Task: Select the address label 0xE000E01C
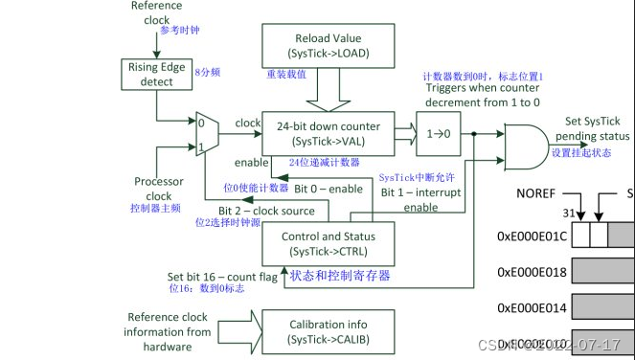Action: click(x=532, y=235)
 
